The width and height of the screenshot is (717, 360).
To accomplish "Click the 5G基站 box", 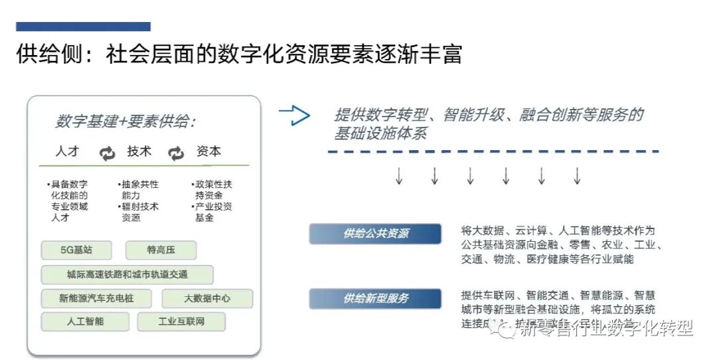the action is point(76,250).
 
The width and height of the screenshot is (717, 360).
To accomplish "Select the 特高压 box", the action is point(161,250).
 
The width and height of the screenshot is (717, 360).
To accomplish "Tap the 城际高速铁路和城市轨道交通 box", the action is point(127,274).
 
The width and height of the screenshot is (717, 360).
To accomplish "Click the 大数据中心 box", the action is point(207,298).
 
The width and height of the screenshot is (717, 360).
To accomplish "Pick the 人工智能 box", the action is point(85,321).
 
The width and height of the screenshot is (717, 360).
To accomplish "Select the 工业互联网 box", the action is point(181,321).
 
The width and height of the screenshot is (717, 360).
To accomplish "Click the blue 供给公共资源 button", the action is point(375,234).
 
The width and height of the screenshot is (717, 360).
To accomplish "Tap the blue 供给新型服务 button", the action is point(375,298).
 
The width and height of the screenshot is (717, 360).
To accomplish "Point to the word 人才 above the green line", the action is point(68,151).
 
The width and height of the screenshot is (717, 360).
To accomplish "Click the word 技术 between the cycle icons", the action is point(139,151).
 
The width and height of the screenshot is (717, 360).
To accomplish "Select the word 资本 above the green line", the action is point(208,151).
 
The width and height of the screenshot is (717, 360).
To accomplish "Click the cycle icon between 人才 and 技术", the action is point(107,153).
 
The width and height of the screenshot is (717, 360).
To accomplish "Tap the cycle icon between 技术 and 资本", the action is point(176,153).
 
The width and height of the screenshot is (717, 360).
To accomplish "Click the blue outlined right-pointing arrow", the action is point(295,116).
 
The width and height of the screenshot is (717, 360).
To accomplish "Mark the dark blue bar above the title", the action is point(83,27).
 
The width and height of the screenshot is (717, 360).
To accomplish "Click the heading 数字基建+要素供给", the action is point(125,122).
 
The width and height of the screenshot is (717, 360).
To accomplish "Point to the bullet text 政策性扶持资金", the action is point(213,189).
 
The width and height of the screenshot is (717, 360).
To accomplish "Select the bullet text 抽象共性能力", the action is point(139,189).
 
